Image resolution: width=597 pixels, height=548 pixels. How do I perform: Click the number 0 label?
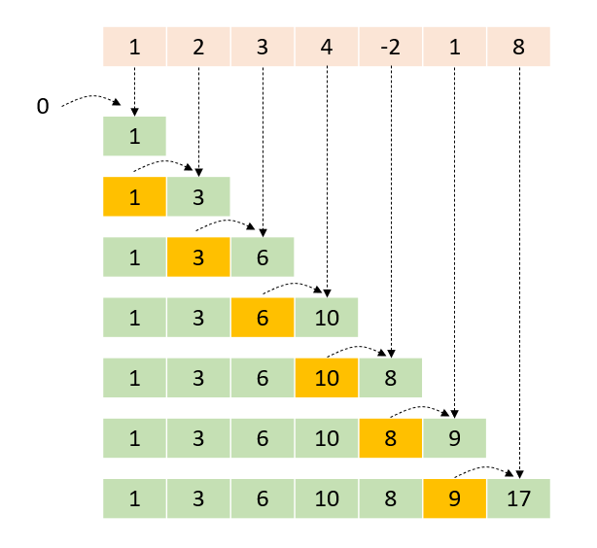42,106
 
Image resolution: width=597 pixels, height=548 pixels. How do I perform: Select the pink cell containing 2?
198,47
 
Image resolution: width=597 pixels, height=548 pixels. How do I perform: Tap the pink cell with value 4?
327,47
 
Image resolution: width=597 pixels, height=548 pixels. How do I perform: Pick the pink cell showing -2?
391,47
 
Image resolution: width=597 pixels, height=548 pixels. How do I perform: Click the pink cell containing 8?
518,47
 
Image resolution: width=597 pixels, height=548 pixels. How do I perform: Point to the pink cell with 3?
263,47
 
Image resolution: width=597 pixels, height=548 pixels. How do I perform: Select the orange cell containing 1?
134,196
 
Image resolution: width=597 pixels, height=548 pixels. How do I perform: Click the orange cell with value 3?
198,257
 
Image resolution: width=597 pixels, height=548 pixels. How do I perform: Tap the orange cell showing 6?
263,317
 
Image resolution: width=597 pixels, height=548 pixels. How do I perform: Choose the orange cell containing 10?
327,377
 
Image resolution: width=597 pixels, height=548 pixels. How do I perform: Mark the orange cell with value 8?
391,437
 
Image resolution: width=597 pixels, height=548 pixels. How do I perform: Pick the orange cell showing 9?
454,497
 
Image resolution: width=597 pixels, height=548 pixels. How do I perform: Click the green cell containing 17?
518,497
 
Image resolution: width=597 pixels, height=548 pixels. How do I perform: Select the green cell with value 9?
454,437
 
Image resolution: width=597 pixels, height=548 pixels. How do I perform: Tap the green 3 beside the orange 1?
198,196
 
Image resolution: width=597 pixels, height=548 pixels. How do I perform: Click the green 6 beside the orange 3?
263,257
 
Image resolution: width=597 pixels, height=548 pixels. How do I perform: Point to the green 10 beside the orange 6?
327,317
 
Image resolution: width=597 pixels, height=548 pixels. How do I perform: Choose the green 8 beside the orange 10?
391,377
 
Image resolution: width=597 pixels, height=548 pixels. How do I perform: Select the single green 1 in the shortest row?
134,136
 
